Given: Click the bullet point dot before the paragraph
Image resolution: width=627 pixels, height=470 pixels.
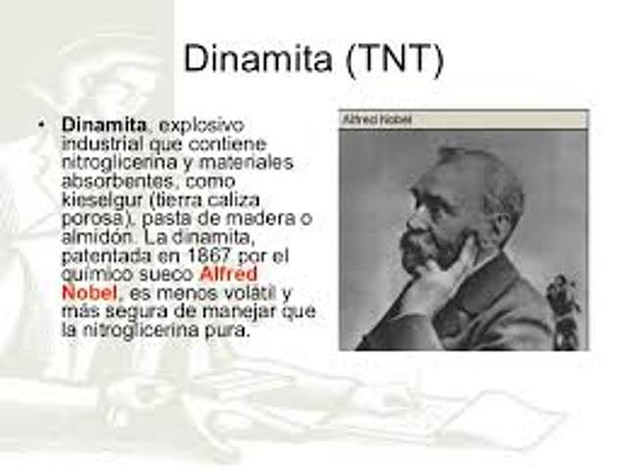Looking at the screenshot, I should click(x=41, y=126).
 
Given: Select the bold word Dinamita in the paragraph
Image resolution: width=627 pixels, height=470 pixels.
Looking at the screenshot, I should click(x=104, y=126).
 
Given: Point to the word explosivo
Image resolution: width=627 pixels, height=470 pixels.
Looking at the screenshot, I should click(x=201, y=126).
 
